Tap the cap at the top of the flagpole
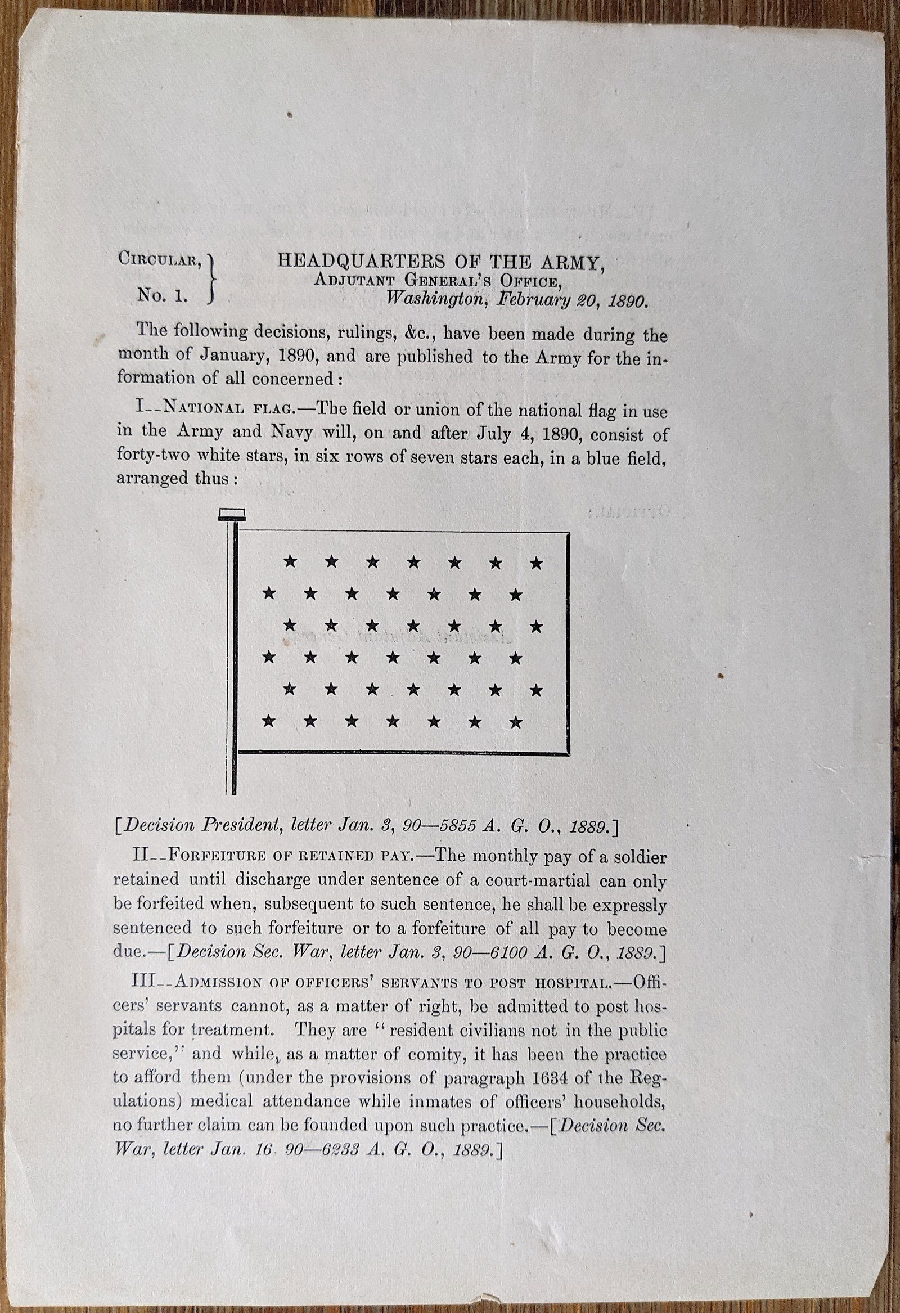(x=232, y=514)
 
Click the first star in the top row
(x=290, y=561)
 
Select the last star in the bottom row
(x=515, y=721)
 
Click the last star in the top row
(x=537, y=563)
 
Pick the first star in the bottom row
(x=269, y=720)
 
